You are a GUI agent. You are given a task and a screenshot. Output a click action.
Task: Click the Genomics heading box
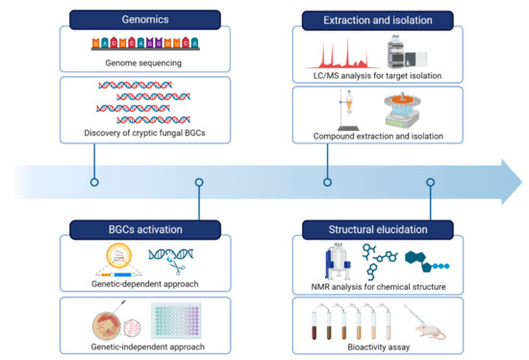click(145, 19)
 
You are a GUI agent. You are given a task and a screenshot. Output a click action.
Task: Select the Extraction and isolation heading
click(378, 20)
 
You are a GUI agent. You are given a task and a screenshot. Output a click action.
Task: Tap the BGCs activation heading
click(145, 230)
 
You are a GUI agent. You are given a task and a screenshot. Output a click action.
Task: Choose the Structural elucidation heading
click(378, 230)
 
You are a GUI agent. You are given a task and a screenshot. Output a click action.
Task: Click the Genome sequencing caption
click(143, 63)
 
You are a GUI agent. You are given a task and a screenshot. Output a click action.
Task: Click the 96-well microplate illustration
click(176, 321)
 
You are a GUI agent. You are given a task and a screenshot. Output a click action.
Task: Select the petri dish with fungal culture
click(107, 326)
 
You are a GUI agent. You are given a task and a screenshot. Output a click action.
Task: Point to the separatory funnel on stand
click(348, 110)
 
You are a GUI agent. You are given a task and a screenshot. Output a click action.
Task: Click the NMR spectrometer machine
click(338, 261)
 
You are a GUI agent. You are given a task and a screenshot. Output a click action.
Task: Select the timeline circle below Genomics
click(94, 182)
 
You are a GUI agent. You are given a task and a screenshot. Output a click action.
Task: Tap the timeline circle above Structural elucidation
click(431, 182)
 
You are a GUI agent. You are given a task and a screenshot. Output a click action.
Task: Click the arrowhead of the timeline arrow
click(512, 182)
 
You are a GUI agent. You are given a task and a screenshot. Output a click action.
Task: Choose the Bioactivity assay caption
click(379, 347)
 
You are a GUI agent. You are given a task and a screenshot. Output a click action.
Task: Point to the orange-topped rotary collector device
click(402, 110)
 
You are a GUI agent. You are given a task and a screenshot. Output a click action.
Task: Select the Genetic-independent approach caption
click(148, 347)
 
